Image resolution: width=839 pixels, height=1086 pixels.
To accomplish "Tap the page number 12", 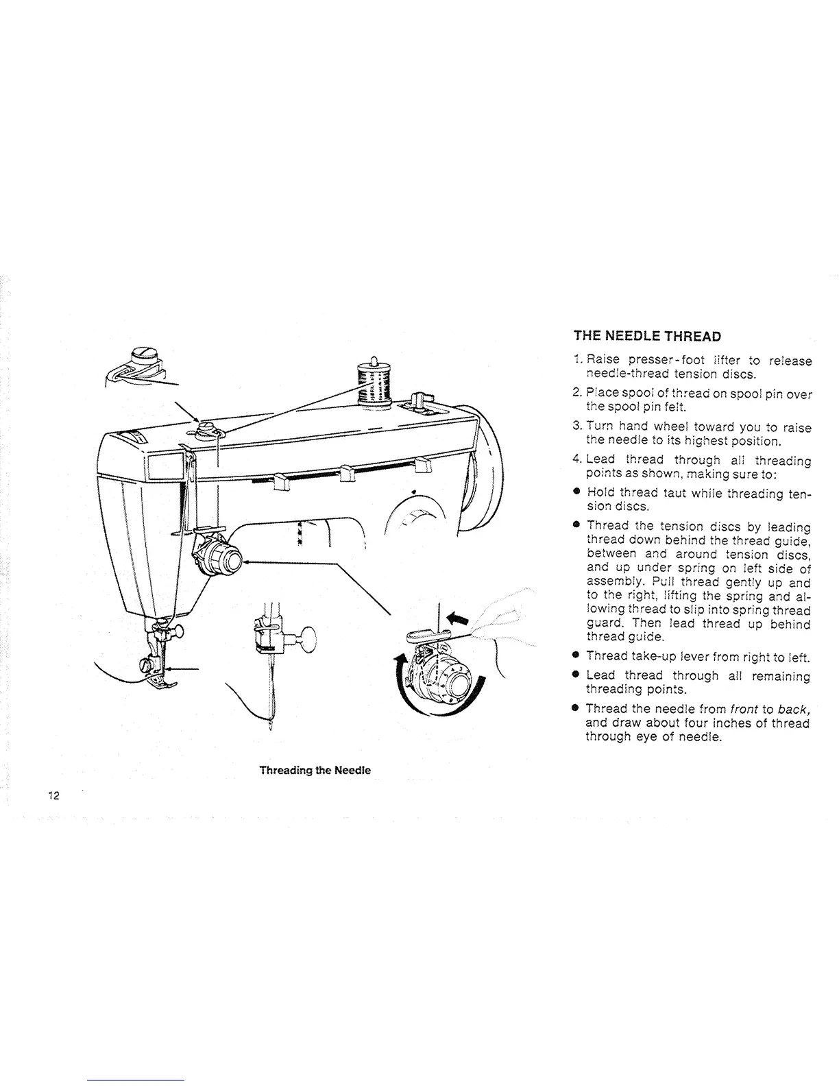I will (54, 796).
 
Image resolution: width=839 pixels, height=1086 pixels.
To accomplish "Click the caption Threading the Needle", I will (315, 770).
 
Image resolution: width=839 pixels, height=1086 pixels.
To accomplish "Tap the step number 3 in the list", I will (577, 427).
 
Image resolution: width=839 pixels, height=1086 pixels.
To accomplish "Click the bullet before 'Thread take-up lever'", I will (577, 657).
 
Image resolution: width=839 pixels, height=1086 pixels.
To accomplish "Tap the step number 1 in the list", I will (577, 361).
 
